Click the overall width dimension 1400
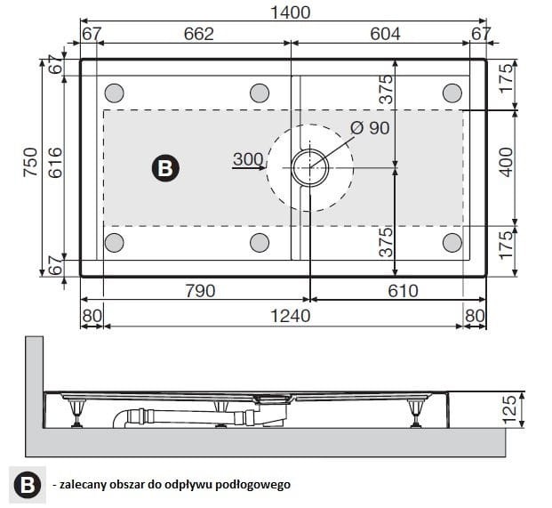[x=291, y=12]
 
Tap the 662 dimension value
[x=199, y=34]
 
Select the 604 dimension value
[x=385, y=34]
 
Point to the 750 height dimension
[x=30, y=163]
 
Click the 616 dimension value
[x=55, y=163]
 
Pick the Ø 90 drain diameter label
[x=370, y=128]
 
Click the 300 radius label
[x=248, y=159]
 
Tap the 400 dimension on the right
[x=507, y=163]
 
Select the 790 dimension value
[x=200, y=291]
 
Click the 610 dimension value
[x=403, y=291]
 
